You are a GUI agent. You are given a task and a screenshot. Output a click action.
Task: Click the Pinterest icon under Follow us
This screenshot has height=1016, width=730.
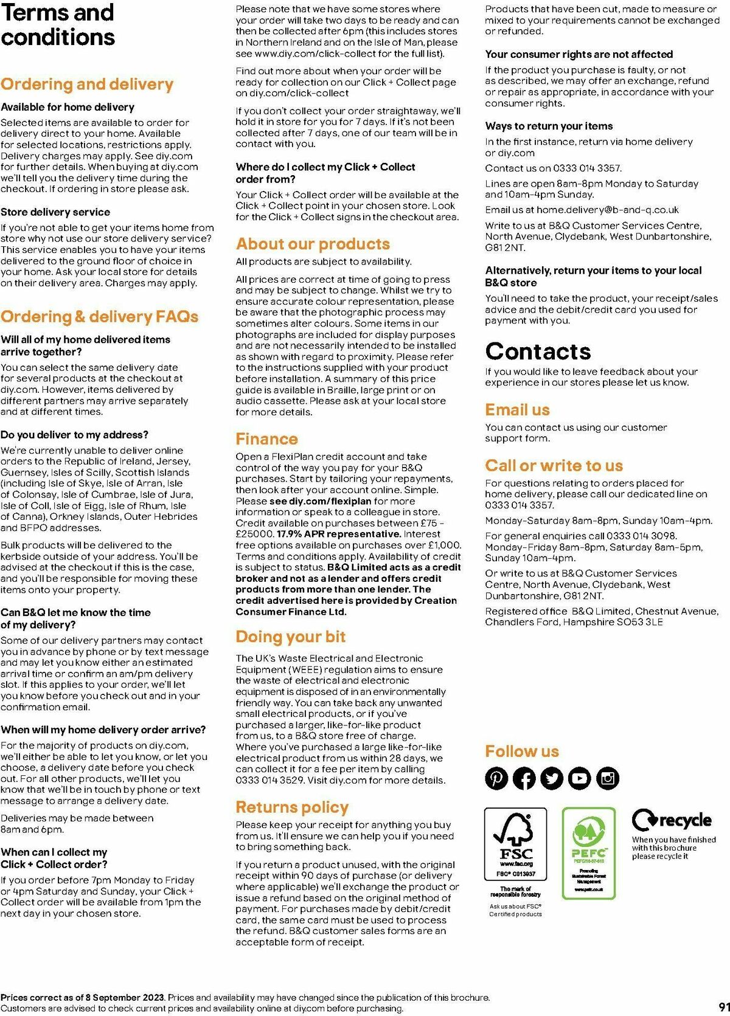click(496, 778)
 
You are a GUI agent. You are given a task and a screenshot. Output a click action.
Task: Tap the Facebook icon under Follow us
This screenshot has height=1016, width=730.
click(524, 778)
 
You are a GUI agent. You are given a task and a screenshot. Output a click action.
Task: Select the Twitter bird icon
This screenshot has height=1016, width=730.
click(552, 778)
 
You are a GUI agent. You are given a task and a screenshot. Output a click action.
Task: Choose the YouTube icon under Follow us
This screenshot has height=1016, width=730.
click(580, 778)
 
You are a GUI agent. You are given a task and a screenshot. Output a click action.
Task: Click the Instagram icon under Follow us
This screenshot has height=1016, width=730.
click(607, 778)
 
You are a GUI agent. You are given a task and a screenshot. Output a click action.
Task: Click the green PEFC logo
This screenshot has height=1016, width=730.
click(589, 852)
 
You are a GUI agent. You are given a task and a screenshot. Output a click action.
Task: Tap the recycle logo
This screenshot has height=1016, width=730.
click(672, 820)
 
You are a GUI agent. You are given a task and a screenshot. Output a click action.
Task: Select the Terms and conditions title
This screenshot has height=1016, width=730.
click(58, 25)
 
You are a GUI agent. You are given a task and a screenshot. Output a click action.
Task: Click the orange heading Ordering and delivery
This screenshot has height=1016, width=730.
click(87, 84)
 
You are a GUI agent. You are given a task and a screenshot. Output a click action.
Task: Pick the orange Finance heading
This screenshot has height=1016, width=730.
click(266, 439)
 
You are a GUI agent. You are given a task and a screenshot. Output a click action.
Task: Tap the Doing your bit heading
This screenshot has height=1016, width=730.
click(291, 637)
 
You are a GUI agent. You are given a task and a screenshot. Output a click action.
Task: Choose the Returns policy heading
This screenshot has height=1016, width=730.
click(292, 807)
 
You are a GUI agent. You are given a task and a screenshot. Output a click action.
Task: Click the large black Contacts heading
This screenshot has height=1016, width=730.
click(538, 351)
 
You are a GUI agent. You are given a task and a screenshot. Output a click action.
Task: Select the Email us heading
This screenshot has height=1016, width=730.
click(517, 410)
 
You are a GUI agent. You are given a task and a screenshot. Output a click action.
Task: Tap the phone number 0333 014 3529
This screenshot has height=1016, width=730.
click(269, 780)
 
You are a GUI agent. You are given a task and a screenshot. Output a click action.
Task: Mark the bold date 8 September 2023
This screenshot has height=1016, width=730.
click(125, 997)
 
